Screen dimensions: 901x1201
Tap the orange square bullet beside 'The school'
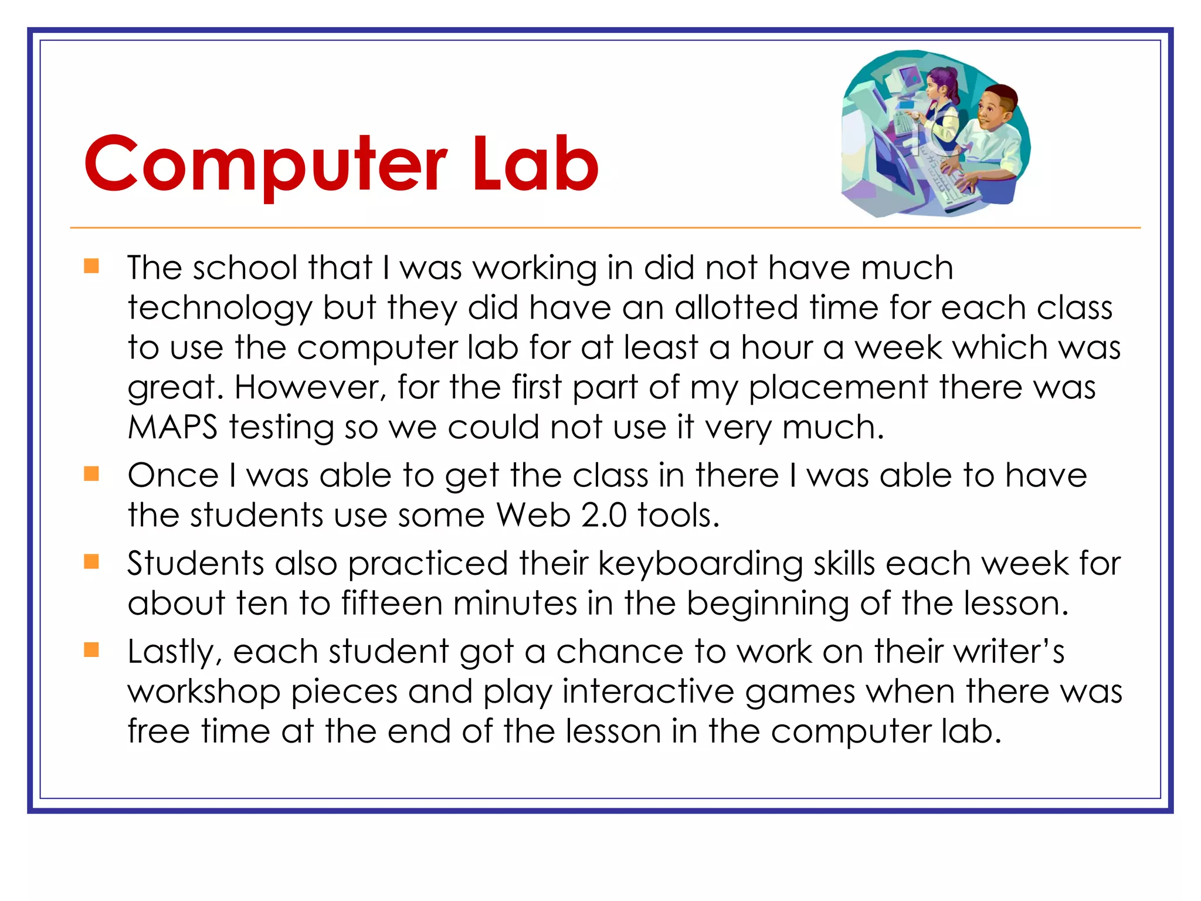click(x=91, y=266)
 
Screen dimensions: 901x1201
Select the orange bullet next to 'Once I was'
click(x=91, y=473)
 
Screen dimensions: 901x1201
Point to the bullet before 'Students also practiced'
click(x=91, y=562)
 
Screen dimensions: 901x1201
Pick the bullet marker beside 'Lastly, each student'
click(x=91, y=650)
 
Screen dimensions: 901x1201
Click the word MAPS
click(x=173, y=427)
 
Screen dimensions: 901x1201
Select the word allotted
click(x=736, y=307)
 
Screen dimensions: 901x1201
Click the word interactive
click(x=648, y=692)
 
